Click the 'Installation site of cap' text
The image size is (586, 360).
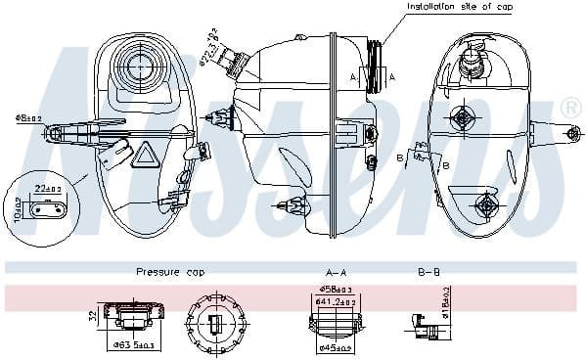(459, 7)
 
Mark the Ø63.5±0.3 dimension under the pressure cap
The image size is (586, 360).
(133, 345)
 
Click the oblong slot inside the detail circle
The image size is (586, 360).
(46, 207)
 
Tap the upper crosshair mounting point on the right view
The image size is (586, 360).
(461, 118)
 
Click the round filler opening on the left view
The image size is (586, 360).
(136, 67)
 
